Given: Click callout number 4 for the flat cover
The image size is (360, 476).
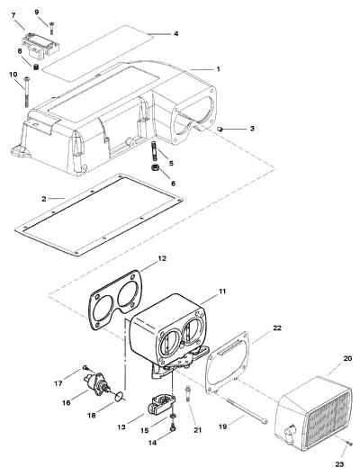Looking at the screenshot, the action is point(176,33).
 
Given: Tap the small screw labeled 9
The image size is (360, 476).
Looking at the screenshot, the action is point(51,28).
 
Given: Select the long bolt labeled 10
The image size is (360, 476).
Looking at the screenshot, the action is point(26,92).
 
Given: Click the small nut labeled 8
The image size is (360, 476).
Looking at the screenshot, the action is point(35,67).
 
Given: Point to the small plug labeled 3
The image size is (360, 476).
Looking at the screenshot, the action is point(220,130).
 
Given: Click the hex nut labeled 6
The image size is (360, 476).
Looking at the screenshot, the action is point(155,167).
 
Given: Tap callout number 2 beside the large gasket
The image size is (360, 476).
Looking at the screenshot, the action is point(44,199).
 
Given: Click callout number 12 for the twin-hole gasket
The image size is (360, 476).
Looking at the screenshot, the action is point(162,258).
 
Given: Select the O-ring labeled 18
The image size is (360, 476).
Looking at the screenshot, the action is point(120,395).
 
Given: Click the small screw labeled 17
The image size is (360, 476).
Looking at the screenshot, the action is point(85,368).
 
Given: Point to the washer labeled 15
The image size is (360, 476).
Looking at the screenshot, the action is point(173,415).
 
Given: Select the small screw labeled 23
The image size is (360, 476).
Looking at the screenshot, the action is point(349,444).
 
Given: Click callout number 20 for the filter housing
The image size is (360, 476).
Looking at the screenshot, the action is point(347,358).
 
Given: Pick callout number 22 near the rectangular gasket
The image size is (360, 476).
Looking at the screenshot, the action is point(277,328).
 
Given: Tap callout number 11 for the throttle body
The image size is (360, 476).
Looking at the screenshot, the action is point(222,292).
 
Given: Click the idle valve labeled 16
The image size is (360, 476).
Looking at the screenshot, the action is point(96,383).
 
